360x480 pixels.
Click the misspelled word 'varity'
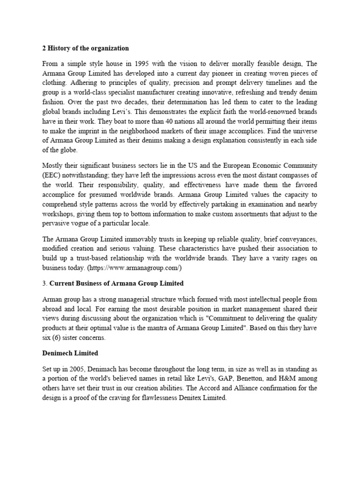click(264, 258)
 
